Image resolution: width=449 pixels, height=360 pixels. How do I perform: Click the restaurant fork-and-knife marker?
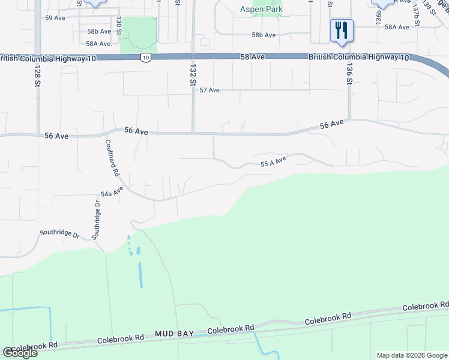342,30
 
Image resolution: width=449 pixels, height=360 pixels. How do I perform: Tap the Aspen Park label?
261,10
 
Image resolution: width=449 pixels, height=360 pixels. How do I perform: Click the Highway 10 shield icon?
146,58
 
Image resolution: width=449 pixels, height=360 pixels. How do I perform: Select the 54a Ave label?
112,192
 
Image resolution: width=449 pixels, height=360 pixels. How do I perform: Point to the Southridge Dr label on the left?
59,232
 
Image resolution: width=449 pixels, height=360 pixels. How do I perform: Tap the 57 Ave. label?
211,90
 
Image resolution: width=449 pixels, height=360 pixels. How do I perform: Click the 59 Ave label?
55,18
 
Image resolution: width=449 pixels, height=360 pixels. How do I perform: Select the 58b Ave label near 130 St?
99,31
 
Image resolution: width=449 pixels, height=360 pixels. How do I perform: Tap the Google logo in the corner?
20,353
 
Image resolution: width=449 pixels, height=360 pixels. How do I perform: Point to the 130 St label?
119,26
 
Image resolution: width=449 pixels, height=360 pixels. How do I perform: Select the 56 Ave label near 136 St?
332,124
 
